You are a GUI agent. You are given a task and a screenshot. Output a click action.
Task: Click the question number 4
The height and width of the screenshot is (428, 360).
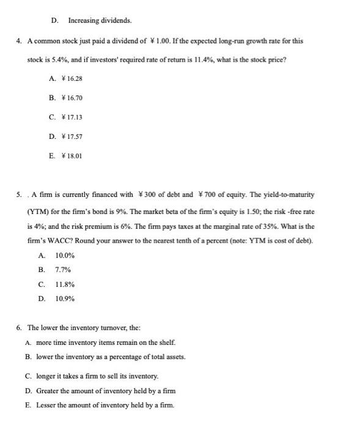19,40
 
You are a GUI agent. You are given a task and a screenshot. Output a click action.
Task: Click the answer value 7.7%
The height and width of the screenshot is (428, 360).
63,269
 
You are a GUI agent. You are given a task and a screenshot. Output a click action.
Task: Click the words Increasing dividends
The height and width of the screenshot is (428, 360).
100,20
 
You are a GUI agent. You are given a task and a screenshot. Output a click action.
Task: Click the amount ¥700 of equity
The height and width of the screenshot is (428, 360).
210,195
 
